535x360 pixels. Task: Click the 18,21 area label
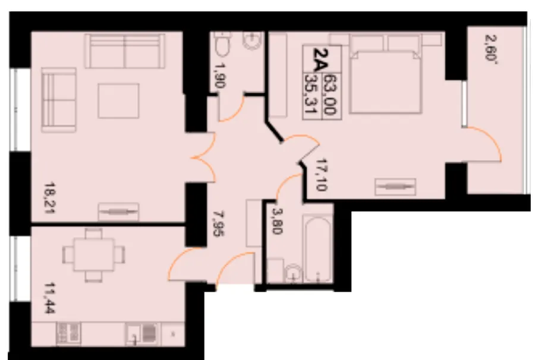(x=51, y=198)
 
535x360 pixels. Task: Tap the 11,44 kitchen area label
(x=51, y=298)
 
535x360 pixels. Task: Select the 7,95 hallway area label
(x=218, y=223)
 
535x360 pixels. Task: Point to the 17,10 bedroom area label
(x=322, y=175)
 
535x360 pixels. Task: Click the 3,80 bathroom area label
(x=276, y=220)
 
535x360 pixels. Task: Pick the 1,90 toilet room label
(x=220, y=75)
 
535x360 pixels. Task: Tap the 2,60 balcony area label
(x=490, y=48)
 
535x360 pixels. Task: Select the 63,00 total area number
(x=330, y=94)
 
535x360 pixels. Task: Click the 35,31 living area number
(x=311, y=94)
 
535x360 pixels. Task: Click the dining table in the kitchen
(x=94, y=255)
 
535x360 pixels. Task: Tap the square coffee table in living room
(x=118, y=101)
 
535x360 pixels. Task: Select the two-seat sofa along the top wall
(x=125, y=51)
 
